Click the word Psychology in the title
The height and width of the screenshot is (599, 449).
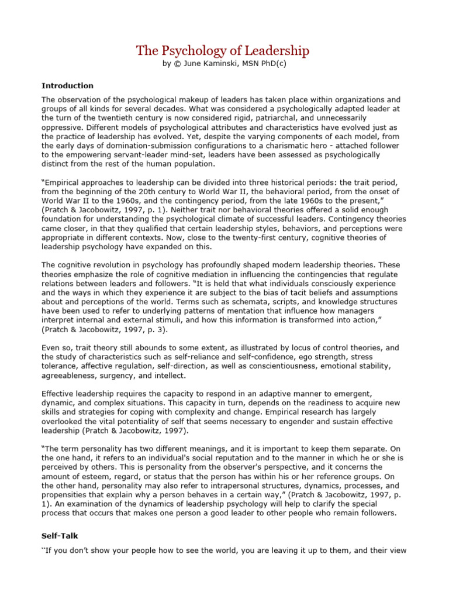point(192,51)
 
